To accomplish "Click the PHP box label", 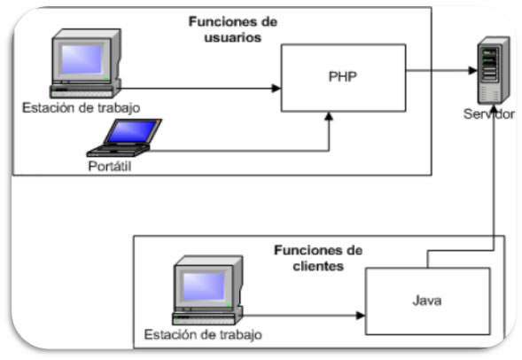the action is (343, 76).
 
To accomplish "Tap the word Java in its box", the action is (427, 301).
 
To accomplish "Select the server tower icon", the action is (494, 70).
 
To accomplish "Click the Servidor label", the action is (488, 113).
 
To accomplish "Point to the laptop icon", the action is (124, 137).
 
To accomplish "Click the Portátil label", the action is (110, 166).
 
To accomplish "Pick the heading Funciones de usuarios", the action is (233, 29).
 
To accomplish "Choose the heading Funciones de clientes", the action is (318, 258).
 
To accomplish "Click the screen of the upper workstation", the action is (82, 59).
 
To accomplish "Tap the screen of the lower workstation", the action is (204, 286).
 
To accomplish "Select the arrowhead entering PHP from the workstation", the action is (277, 89).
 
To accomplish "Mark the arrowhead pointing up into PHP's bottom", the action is (329, 116).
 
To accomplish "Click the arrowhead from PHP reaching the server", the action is (472, 70).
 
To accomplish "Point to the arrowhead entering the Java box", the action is (361, 316).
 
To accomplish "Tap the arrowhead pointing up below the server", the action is (494, 110).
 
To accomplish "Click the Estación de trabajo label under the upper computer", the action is (81, 108).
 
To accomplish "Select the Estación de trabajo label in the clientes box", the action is (203, 334).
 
